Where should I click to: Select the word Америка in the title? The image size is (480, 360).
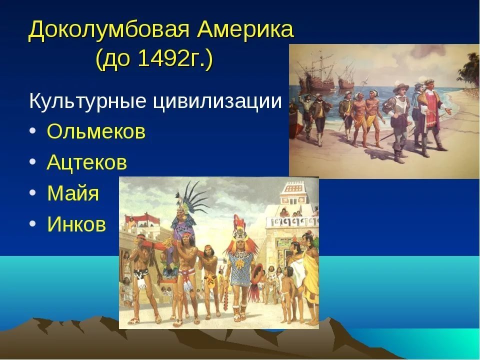click(x=245, y=29)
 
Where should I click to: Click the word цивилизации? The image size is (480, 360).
click(x=216, y=101)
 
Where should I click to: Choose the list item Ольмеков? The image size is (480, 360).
click(x=96, y=131)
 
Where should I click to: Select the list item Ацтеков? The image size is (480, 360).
click(x=86, y=162)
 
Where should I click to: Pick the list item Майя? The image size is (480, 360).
click(x=73, y=193)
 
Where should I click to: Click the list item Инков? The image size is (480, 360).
click(x=76, y=224)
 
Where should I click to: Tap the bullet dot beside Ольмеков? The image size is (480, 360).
click(x=33, y=130)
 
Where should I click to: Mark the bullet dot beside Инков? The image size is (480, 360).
click(x=33, y=223)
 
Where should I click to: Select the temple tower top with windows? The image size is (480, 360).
click(x=293, y=193)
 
